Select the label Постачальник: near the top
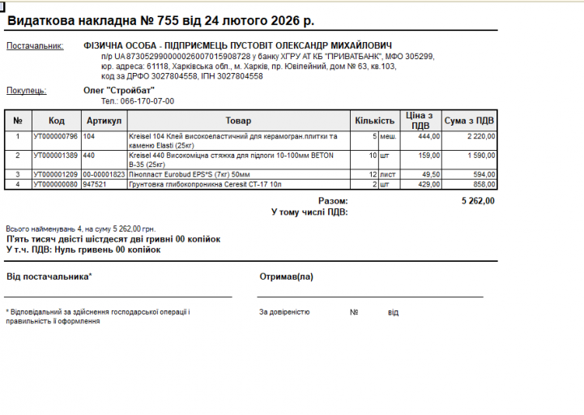(x=35, y=45)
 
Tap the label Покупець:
(x=26, y=91)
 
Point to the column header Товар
(x=238, y=121)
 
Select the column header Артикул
(x=104, y=121)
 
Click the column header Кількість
(x=375, y=121)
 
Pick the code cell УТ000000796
(x=56, y=136)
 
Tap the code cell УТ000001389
(x=56, y=155)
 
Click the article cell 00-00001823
(x=104, y=174)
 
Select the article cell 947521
(x=95, y=184)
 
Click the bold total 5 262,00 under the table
(x=478, y=200)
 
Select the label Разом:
(x=333, y=200)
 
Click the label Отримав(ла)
(x=286, y=276)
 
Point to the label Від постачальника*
(x=49, y=276)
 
